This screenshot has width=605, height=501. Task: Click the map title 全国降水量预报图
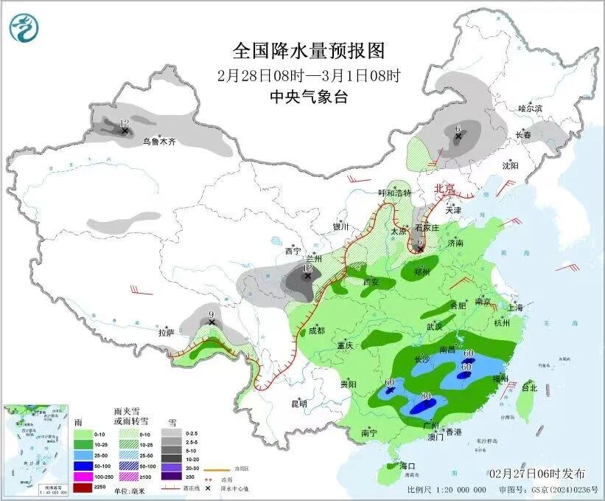(309, 51)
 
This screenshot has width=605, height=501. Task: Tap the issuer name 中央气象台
(309, 97)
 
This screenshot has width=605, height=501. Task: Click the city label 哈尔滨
(529, 108)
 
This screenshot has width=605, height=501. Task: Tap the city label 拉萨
(167, 333)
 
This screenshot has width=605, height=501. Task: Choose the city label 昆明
(299, 404)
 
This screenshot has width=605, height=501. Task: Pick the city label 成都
(315, 331)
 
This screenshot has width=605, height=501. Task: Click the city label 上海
(514, 308)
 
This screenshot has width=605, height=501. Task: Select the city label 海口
(408, 466)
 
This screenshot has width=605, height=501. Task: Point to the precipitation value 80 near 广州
(425, 396)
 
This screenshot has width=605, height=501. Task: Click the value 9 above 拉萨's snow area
(211, 314)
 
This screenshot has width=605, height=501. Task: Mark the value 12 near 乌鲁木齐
(124, 123)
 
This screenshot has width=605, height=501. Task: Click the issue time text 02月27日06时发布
(536, 473)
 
